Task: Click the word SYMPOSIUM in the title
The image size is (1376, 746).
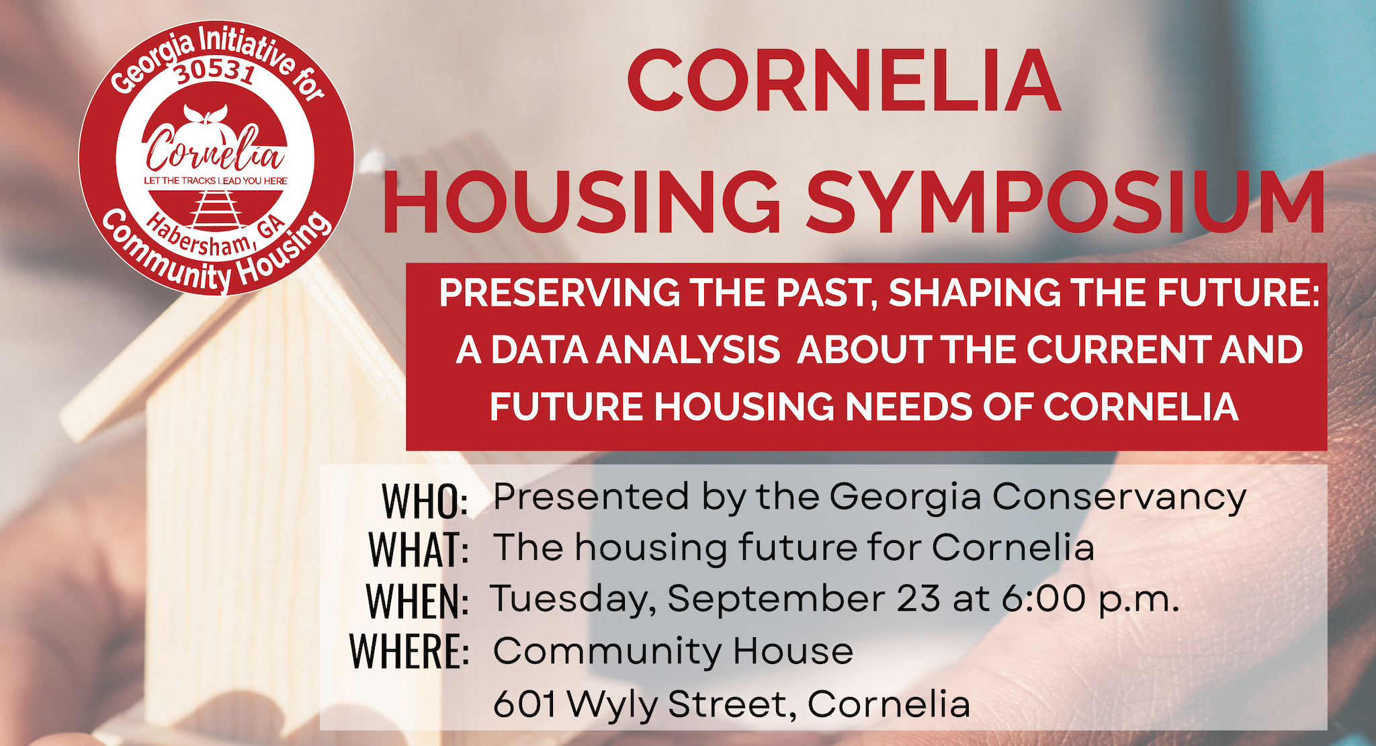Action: tap(1066, 202)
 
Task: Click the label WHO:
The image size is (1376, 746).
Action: tap(425, 501)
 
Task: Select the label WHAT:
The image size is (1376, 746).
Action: tap(419, 550)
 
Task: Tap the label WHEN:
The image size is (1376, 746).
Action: tap(417, 601)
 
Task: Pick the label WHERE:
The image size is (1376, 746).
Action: tap(409, 651)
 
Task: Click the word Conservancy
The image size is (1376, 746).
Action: tap(1119, 499)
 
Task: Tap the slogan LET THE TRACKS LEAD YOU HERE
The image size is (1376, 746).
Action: tap(216, 181)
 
